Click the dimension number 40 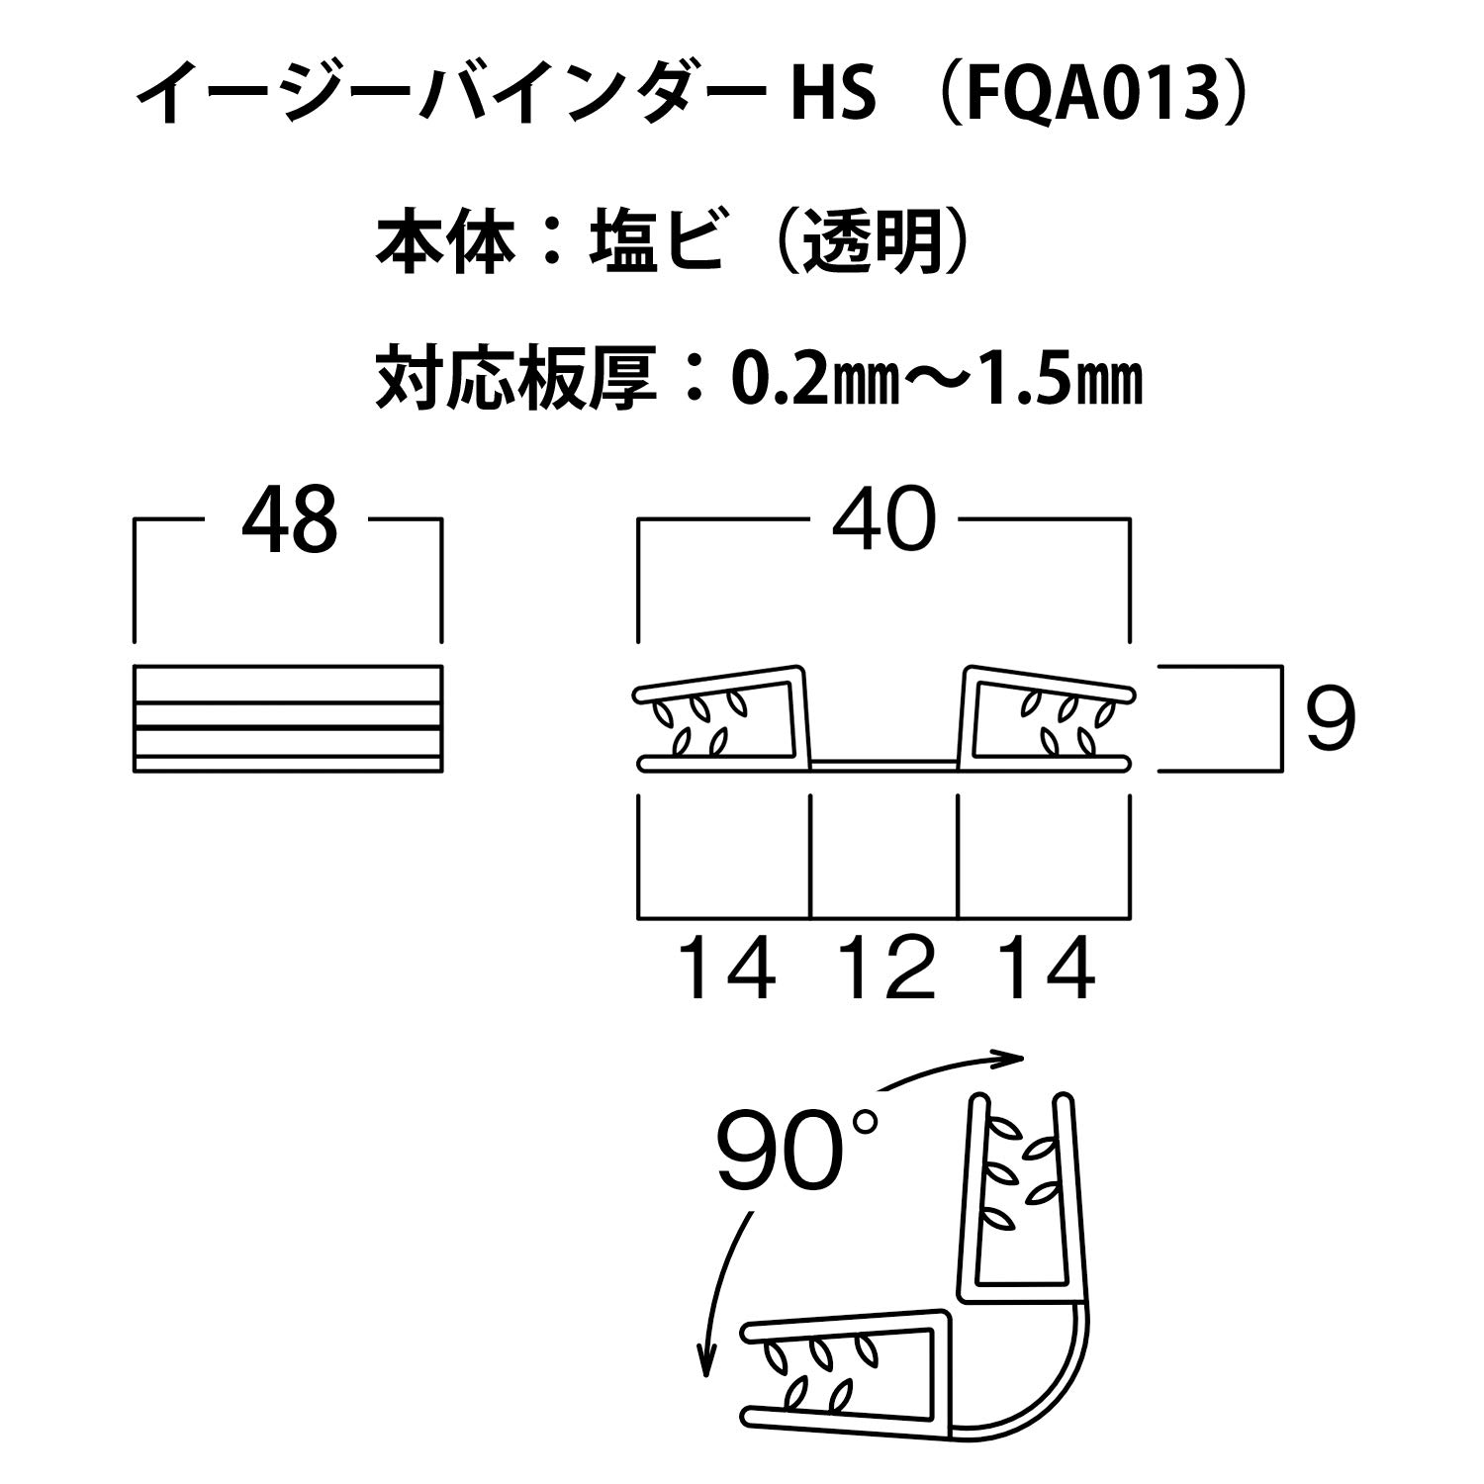(883, 519)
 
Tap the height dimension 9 (1330, 718)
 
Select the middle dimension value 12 (884, 970)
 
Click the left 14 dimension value (727, 970)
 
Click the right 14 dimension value (1046, 970)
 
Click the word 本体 (446, 241)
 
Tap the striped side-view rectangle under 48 (288, 718)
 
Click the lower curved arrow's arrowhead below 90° (705, 1364)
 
